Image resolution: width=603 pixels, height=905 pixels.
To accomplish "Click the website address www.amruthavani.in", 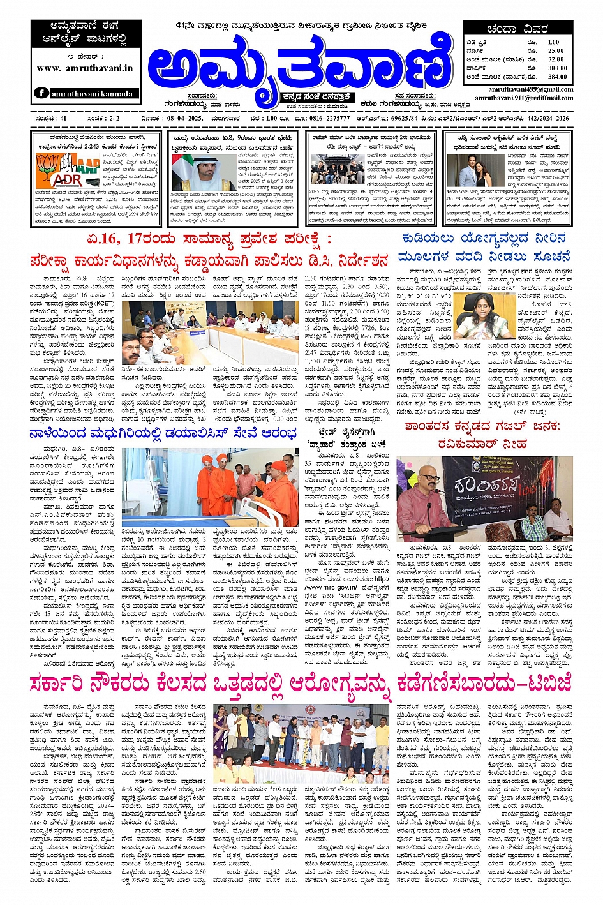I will (x=85, y=68).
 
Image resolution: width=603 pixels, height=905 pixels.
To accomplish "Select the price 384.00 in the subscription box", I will (x=556, y=77).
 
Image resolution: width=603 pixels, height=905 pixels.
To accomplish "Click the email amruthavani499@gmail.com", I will (x=531, y=90).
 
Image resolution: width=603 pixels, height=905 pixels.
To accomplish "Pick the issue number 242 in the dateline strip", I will (x=104, y=119).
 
